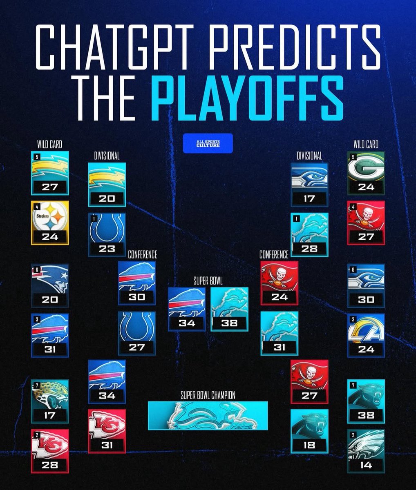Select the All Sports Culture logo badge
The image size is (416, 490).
coord(208,143)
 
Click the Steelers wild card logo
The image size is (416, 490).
coord(50,216)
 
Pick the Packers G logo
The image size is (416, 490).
coord(366,168)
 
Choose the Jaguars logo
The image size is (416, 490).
coord(50,394)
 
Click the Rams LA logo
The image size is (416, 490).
coord(366,329)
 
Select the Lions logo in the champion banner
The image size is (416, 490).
coord(208,414)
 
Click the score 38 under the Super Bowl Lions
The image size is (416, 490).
coord(229,323)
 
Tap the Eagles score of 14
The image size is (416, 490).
coord(366,465)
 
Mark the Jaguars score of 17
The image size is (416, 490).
coord(50,415)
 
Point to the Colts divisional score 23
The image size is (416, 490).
coord(107,248)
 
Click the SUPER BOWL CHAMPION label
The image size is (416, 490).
coord(208,395)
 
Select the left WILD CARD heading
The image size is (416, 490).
coord(49,144)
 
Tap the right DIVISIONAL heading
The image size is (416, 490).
coord(309,156)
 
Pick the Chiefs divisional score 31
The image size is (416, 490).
coord(107,445)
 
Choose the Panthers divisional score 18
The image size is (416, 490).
coord(309,445)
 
